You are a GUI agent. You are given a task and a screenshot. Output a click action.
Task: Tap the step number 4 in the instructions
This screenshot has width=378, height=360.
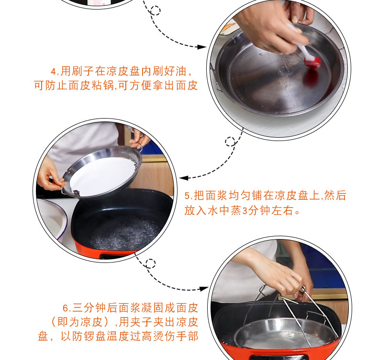coord(54,72)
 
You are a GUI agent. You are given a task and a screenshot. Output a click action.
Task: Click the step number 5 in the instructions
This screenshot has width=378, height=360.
coord(187,196)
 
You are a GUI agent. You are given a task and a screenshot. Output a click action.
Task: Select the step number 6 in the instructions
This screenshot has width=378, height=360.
coord(66,308)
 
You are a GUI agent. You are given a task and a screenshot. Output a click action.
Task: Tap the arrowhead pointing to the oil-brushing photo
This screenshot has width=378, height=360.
coord(201,47)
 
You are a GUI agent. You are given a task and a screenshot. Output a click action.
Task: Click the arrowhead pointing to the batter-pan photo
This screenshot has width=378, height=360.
coord(184,178)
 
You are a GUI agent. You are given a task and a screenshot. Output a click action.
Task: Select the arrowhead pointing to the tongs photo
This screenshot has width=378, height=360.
coord(203,288)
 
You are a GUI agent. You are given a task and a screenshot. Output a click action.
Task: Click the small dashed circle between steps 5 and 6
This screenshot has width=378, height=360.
coord(150,263)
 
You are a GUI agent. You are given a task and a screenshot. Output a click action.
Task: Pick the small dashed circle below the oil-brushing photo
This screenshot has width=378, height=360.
coord(230,142)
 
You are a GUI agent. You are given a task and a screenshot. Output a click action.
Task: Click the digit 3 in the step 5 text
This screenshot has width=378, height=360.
coord(245,211)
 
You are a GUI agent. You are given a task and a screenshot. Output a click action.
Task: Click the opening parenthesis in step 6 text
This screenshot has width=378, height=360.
coord(54,322)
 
